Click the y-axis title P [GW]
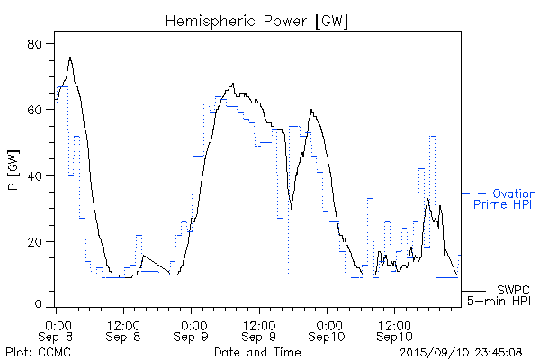tap(13, 175)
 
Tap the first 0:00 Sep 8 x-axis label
tap(57, 329)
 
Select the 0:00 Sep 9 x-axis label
tap(192, 329)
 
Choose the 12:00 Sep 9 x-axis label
tap(259, 329)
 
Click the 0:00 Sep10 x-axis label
tap(327, 329)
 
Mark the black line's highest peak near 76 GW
tap(70, 58)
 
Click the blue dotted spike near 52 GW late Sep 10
tap(433, 137)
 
